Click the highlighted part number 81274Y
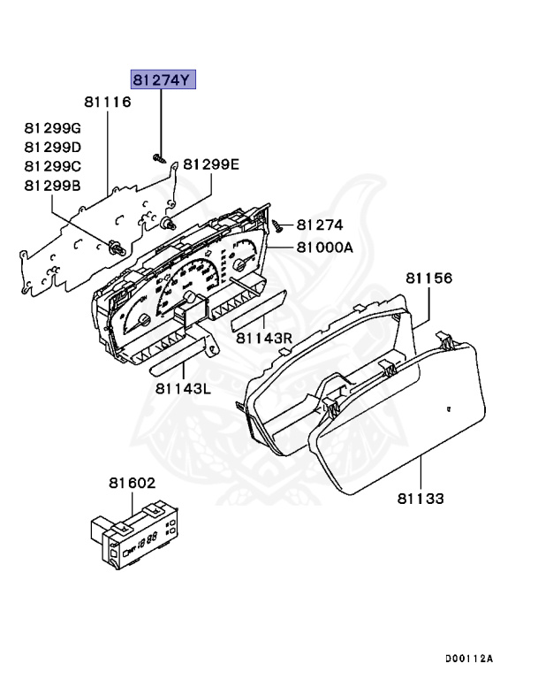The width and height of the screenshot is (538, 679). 163,80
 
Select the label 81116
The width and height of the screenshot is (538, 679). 107,103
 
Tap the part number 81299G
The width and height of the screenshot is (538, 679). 52,128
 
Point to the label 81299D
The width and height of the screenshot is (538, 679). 52,147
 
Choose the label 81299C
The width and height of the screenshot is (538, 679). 52,165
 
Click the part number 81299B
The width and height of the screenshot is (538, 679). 52,185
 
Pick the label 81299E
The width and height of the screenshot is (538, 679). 211,164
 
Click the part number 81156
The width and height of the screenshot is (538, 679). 429,278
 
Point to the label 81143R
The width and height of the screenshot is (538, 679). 262,338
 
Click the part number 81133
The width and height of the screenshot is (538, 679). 420,499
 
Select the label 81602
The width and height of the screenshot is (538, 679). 132,484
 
